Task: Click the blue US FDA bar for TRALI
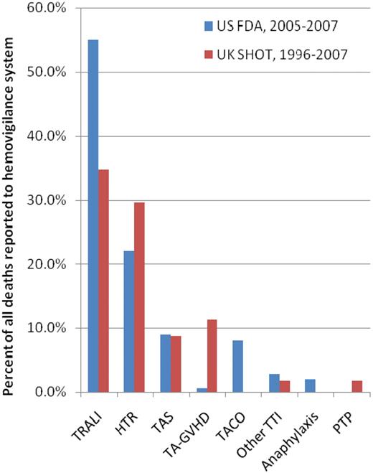coord(93,215)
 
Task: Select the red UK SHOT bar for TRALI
coord(105,281)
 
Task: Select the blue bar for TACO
coord(237,366)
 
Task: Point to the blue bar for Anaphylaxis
coord(309,385)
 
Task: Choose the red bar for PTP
coord(357,386)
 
